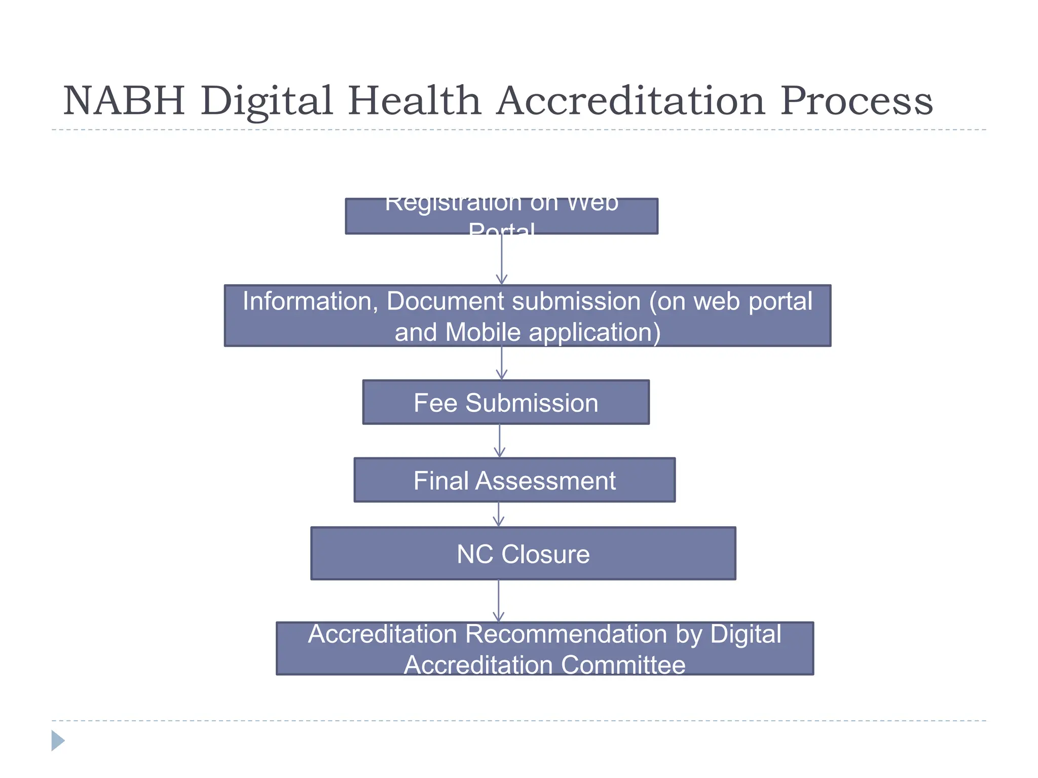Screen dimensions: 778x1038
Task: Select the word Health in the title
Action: pyautogui.click(x=414, y=100)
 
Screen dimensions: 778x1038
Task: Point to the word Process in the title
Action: pyautogui.click(x=856, y=100)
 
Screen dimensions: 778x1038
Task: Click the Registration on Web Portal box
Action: pyautogui.click(x=501, y=216)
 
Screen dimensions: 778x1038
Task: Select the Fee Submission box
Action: pyautogui.click(x=506, y=403)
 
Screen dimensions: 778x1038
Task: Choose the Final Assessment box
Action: pyautogui.click(x=514, y=480)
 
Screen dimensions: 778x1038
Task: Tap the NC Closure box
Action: pyautogui.click(x=523, y=554)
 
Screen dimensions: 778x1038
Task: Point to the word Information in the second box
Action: pyautogui.click(x=310, y=301)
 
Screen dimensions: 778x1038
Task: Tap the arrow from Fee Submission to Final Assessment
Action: pyautogui.click(x=500, y=441)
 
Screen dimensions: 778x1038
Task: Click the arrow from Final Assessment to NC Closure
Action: pyautogui.click(x=499, y=514)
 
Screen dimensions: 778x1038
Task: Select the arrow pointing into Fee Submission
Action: pyautogui.click(x=502, y=363)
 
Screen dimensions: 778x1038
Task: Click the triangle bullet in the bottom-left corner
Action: pyautogui.click(x=58, y=741)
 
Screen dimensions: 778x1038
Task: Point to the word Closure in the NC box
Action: pyautogui.click(x=545, y=554)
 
